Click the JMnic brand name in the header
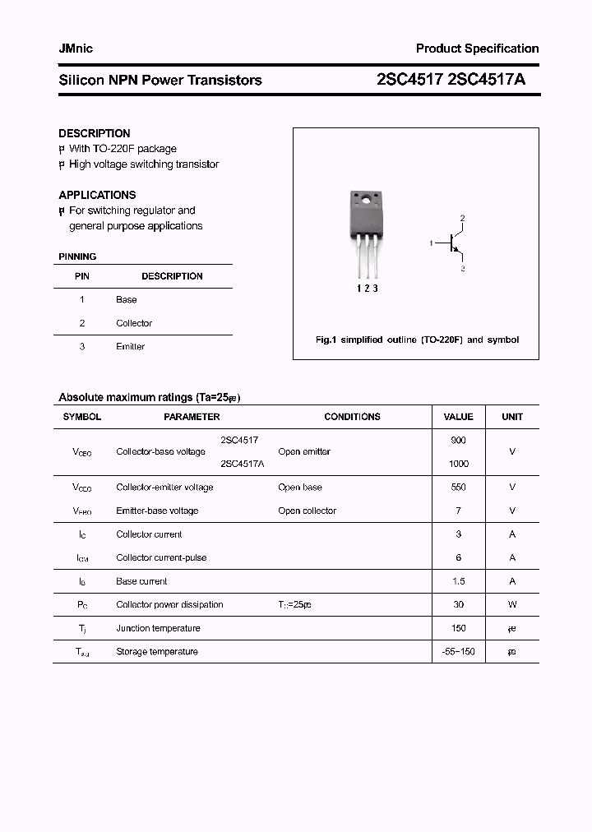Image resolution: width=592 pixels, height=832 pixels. (x=76, y=49)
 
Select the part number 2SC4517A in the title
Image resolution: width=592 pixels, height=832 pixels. (x=497, y=80)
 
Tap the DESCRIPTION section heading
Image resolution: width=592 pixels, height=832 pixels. (x=94, y=133)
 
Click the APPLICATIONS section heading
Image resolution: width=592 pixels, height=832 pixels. (x=97, y=195)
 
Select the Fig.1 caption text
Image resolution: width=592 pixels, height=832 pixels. (x=417, y=340)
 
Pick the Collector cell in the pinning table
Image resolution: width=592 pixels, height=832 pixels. (x=134, y=323)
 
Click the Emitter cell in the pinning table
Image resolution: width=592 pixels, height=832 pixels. (x=130, y=346)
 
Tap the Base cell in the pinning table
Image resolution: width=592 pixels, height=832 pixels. (x=127, y=300)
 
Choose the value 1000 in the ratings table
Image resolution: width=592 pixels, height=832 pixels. (x=458, y=464)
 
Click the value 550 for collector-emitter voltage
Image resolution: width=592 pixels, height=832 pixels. (x=458, y=488)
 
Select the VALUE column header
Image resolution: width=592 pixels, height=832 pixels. (x=458, y=417)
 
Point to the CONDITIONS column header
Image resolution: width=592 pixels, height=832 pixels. (x=352, y=417)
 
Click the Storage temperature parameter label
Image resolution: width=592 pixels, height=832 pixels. (x=157, y=652)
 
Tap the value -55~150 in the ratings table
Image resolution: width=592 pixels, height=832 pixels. (x=458, y=652)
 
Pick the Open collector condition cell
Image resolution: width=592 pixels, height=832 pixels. (x=307, y=511)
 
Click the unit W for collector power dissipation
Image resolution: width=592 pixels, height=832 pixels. (x=512, y=604)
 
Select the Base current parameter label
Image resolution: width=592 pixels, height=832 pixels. (x=141, y=581)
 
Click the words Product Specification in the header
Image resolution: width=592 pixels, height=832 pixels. (x=477, y=49)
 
